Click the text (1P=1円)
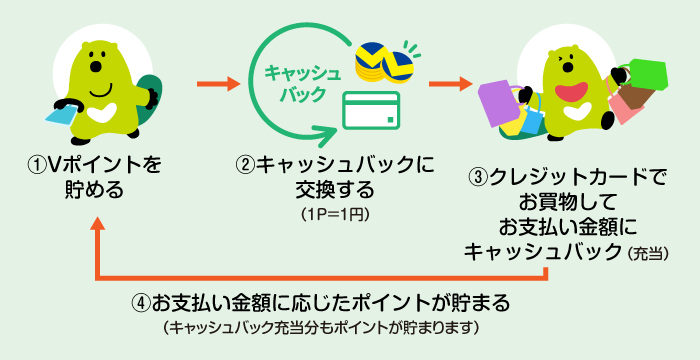pyautogui.click(x=334, y=214)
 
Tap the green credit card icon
pyautogui.click(x=372, y=110)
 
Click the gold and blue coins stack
pyautogui.click(x=386, y=64)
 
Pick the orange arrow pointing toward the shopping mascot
pyautogui.click(x=450, y=81)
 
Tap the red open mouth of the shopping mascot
pyautogui.click(x=572, y=92)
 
